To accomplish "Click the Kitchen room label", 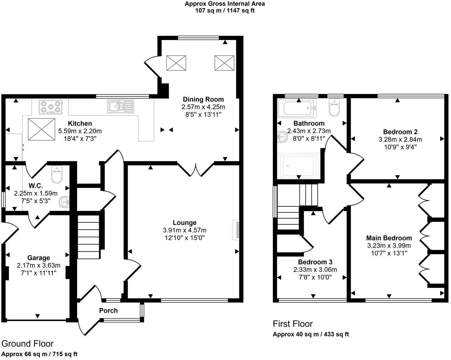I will (x=80, y=124).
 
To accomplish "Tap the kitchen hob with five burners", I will (x=50, y=107).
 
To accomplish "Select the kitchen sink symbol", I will (x=120, y=106).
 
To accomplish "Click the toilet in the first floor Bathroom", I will (x=334, y=108).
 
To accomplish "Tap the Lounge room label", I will (x=184, y=222).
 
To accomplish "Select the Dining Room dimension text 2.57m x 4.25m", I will (x=203, y=107).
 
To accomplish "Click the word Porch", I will (x=108, y=310).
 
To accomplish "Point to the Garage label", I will (x=39, y=258).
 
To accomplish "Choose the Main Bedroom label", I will (x=389, y=238).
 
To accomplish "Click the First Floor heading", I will (x=293, y=324).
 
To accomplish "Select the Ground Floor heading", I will (x=27, y=344).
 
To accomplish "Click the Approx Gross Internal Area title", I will (x=225, y=4).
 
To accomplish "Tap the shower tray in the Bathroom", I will (x=299, y=166).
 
